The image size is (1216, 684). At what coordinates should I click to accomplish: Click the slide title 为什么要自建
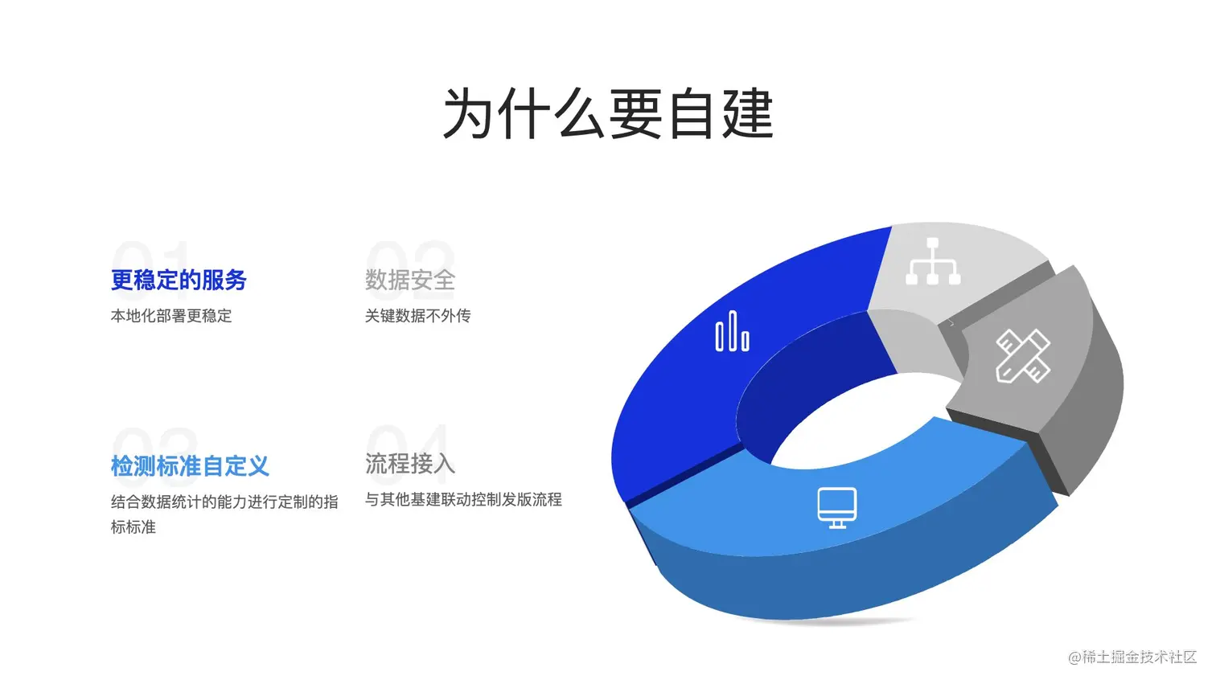(608, 114)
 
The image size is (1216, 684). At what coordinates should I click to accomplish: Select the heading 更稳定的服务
(179, 280)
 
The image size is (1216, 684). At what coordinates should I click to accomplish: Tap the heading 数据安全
(410, 280)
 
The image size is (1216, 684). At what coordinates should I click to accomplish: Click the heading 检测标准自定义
(190, 466)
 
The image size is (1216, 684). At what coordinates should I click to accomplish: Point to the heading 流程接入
(410, 464)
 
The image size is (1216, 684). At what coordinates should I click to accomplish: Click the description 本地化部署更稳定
(171, 316)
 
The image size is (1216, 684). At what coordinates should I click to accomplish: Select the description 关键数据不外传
(417, 316)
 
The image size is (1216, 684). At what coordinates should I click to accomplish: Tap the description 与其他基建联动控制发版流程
(463, 499)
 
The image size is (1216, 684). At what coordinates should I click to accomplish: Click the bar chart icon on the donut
(733, 331)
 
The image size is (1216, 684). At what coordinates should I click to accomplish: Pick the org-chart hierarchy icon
(933, 261)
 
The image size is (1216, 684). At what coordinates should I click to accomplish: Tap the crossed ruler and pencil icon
(1023, 356)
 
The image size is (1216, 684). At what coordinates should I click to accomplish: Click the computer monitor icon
(837, 508)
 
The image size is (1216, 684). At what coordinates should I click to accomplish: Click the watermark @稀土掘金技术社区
(1132, 657)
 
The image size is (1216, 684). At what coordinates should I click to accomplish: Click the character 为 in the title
(468, 114)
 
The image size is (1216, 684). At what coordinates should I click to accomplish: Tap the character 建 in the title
(747, 114)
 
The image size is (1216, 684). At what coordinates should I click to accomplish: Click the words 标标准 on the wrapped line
(133, 526)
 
